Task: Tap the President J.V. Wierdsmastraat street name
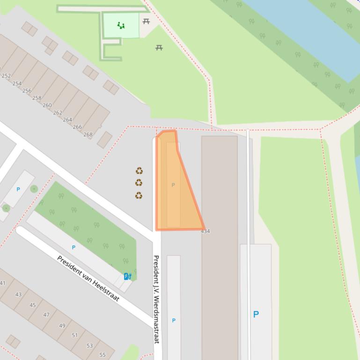[x=156, y=299]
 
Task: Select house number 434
[x=206, y=231]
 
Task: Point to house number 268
[x=88, y=135]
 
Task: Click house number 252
[x=6, y=76]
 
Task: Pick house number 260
[x=47, y=105]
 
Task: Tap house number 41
[x=3, y=283]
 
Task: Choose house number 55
[x=103, y=355]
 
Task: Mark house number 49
[x=62, y=325]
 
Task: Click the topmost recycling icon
[x=139, y=171]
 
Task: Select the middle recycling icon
[x=139, y=183]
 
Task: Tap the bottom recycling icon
[x=139, y=195]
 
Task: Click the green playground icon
[x=121, y=26]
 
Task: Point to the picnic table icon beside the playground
[x=146, y=22]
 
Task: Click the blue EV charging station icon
[x=127, y=276]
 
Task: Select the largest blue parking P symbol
[x=256, y=314]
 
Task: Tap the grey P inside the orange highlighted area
[x=173, y=185]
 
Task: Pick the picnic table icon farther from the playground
[x=159, y=48]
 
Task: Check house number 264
[x=67, y=120]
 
